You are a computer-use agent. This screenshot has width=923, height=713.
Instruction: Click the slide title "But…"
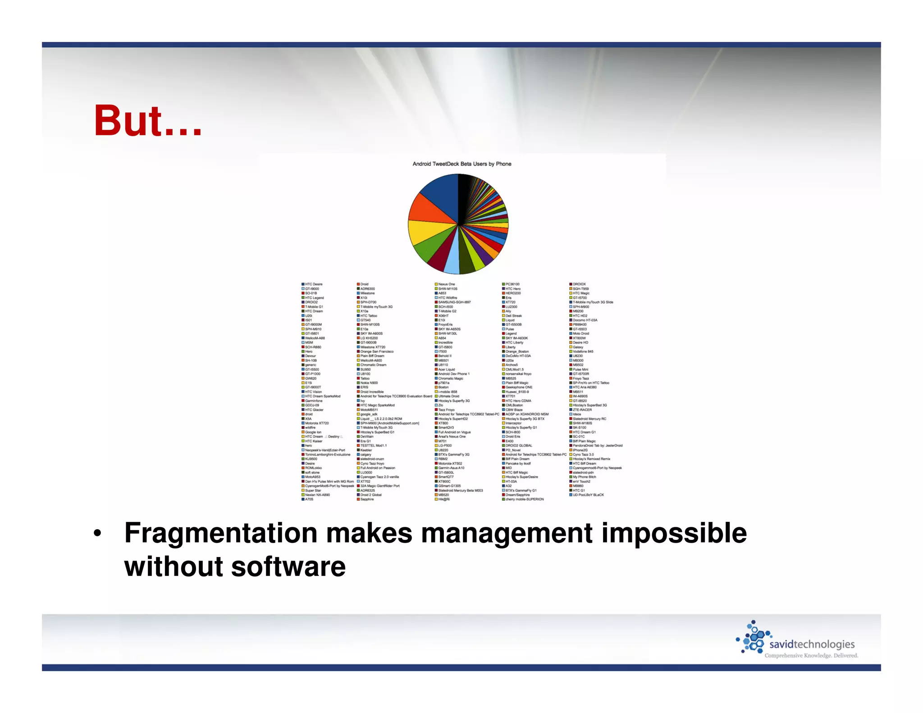(x=148, y=121)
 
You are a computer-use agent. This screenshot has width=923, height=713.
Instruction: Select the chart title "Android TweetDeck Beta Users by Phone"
(x=461, y=164)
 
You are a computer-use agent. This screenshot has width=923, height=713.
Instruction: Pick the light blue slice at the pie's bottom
(x=452, y=261)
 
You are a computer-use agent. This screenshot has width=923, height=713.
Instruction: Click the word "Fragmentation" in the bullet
(x=221, y=534)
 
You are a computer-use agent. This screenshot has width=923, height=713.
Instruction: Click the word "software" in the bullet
(x=288, y=567)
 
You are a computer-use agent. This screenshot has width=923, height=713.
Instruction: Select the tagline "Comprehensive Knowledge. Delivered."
(x=811, y=655)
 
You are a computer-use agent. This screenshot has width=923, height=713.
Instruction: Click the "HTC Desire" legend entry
(x=314, y=284)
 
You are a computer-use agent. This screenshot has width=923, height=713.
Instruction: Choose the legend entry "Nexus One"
(x=446, y=284)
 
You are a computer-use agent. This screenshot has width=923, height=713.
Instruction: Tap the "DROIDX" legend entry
(x=579, y=284)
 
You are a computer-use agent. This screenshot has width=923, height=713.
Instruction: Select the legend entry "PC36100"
(x=512, y=284)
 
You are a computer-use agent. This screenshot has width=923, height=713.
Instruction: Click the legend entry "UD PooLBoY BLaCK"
(x=588, y=495)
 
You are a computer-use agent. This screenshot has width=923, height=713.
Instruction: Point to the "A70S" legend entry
(x=309, y=499)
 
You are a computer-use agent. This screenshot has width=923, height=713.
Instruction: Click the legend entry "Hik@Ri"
(x=443, y=499)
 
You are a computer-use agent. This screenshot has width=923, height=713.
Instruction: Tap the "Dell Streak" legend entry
(x=513, y=315)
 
